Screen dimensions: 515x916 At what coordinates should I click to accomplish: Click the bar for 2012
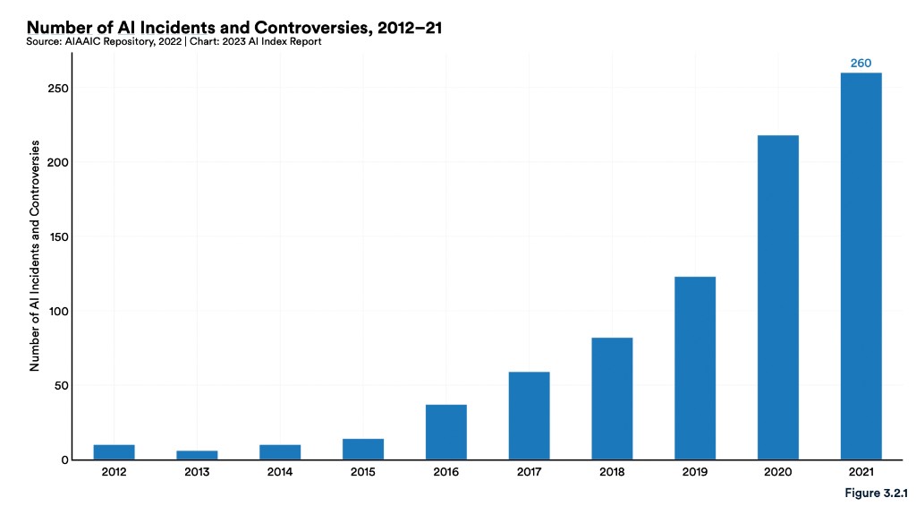114,452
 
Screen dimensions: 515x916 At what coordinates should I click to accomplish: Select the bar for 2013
197,455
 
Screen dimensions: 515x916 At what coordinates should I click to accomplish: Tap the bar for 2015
362,449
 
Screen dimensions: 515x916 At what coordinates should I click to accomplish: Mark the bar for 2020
777,297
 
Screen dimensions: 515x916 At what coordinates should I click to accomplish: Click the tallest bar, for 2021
861,266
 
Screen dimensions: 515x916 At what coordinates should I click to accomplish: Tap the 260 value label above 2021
861,63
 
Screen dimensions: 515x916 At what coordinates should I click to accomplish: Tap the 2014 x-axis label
280,472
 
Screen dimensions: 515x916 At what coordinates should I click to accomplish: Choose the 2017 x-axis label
529,472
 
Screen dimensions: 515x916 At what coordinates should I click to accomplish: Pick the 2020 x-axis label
777,472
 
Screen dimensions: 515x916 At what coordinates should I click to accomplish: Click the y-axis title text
36,255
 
